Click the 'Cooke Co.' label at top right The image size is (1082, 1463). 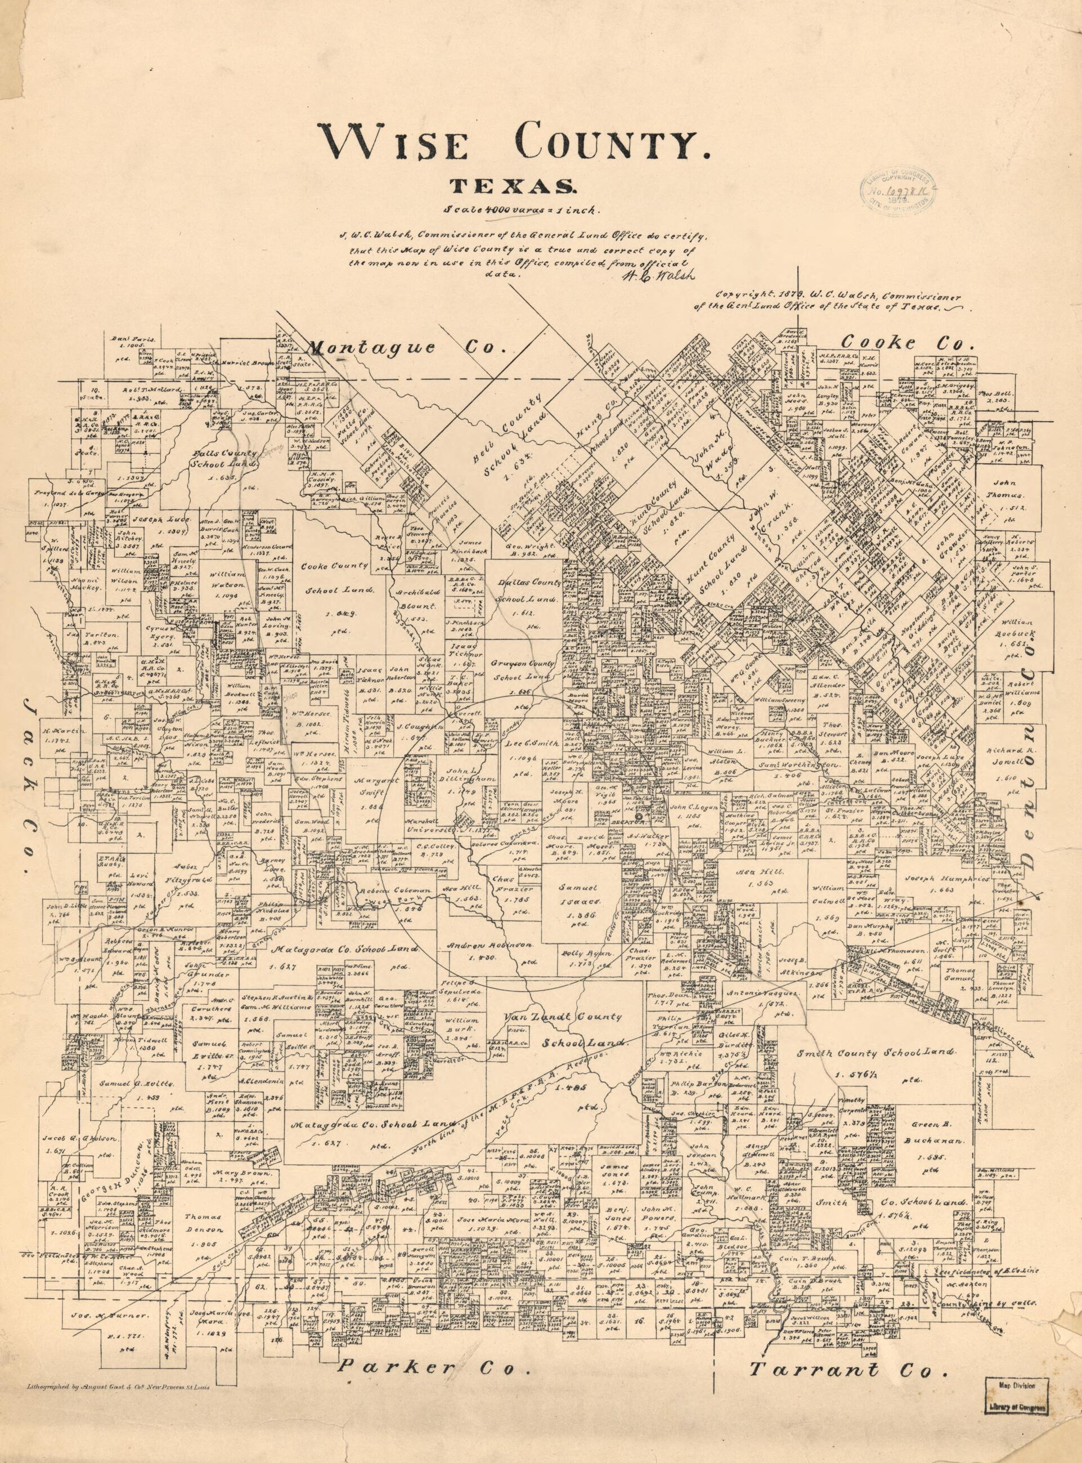click(x=908, y=342)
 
